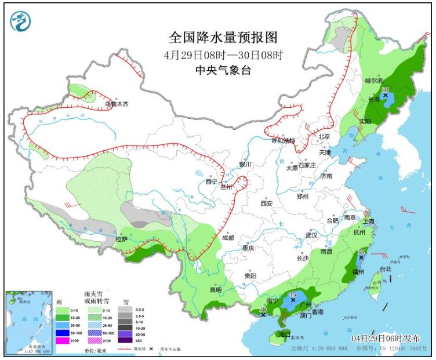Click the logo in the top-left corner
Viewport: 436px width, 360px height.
[x=20, y=21]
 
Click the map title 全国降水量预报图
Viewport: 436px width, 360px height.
[x=223, y=38]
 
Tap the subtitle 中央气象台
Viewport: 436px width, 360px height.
[x=223, y=71]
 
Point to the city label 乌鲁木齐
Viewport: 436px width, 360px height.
[x=115, y=104]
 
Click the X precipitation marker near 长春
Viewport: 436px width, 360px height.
[x=385, y=95]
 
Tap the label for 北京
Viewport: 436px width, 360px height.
[x=324, y=137]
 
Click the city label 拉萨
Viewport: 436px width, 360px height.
[x=121, y=239]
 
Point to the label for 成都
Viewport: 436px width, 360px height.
[x=227, y=238]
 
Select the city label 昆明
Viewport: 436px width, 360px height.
[x=215, y=290]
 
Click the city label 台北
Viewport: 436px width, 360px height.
[x=386, y=269]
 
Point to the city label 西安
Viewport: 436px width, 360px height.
[x=266, y=203]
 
